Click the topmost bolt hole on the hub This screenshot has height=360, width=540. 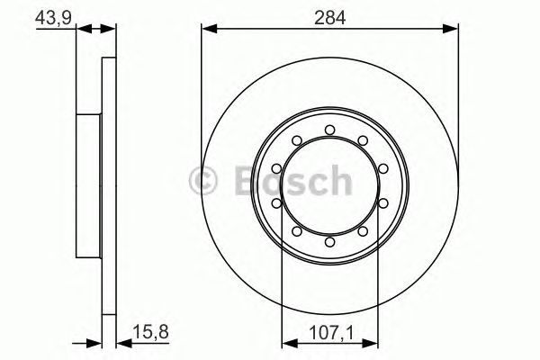(x=329, y=130)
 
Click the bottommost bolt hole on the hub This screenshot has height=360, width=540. (x=329, y=241)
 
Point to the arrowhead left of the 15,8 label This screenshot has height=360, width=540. (x=111, y=342)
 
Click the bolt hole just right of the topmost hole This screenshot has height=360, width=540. (x=362, y=140)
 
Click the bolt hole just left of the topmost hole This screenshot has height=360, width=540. (x=297, y=140)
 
